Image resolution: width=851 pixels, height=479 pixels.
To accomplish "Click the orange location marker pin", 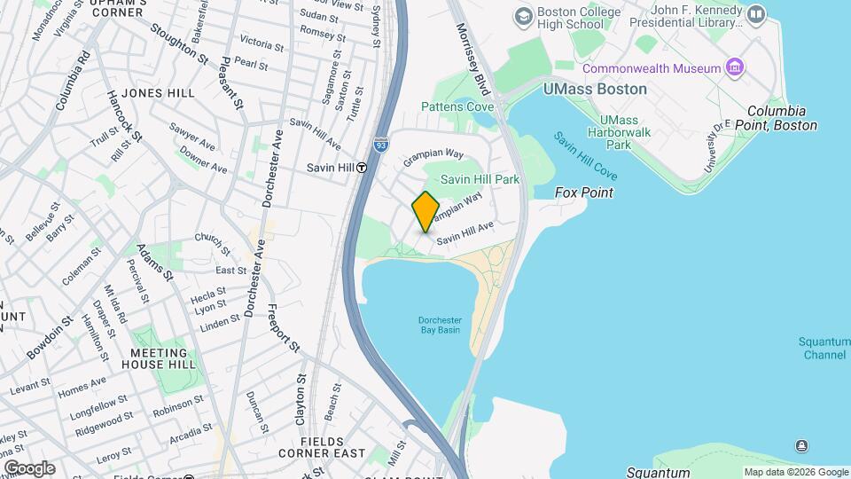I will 425,212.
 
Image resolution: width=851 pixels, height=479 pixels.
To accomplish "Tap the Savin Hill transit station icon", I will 362,167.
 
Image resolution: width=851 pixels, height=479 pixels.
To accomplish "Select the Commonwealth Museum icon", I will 734,67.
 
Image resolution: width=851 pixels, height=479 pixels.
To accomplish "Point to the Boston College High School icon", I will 523,16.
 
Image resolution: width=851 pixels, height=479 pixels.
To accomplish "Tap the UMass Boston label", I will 595,90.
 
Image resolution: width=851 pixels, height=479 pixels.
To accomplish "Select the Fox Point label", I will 584,192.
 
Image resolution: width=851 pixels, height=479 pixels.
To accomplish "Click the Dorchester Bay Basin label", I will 441,325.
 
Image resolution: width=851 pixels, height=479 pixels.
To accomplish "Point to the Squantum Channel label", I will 824,348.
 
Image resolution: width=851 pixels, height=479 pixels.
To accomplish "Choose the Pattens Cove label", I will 457,106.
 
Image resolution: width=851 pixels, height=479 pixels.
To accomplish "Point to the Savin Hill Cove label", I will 585,153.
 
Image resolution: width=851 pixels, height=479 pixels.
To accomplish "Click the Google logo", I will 29,468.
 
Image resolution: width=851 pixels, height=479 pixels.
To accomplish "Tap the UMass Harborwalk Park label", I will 625,132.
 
